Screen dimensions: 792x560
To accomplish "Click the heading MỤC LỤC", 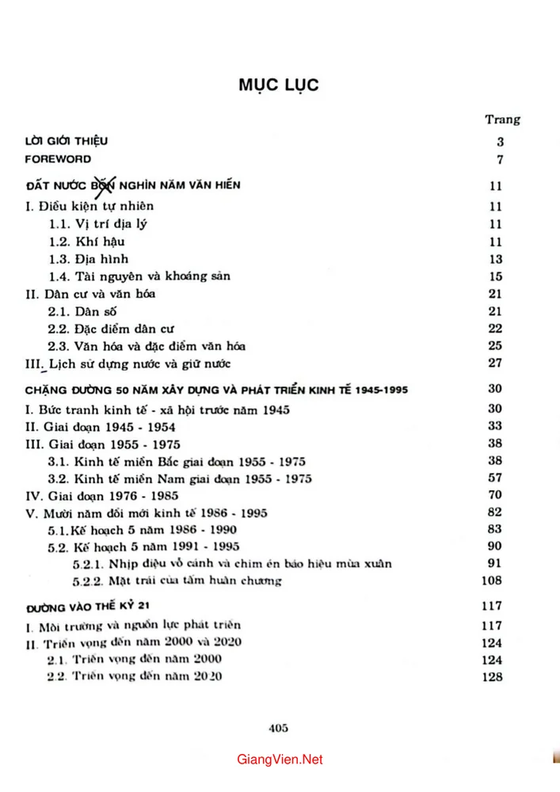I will point(279,84).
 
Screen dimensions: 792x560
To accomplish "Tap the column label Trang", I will point(502,120).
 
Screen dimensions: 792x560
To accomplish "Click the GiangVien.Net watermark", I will point(280,760).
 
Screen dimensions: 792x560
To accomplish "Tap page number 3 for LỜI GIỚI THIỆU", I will point(501,143).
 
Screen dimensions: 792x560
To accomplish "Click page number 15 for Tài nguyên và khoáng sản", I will point(497,276).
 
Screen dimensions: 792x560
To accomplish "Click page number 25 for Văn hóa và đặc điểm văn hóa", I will point(497,345).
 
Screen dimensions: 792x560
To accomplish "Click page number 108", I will point(493,581).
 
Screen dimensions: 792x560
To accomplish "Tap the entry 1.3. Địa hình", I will point(89,259).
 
